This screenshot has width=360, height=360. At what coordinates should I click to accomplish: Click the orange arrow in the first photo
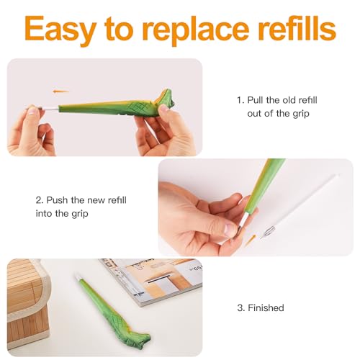click(60, 91)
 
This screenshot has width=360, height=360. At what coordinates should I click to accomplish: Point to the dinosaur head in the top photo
click(166, 99)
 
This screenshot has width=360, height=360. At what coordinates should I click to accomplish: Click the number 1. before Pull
click(240, 100)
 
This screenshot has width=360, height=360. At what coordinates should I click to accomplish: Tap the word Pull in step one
click(256, 100)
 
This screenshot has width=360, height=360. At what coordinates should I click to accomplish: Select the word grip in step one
click(301, 114)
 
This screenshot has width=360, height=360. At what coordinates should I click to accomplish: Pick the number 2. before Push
click(40, 200)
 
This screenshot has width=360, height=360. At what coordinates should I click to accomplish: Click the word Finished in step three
click(266, 307)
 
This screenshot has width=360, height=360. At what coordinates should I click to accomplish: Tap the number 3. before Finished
click(241, 308)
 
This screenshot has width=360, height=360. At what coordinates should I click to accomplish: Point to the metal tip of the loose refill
click(268, 231)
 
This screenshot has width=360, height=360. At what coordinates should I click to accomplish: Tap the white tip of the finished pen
click(78, 278)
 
